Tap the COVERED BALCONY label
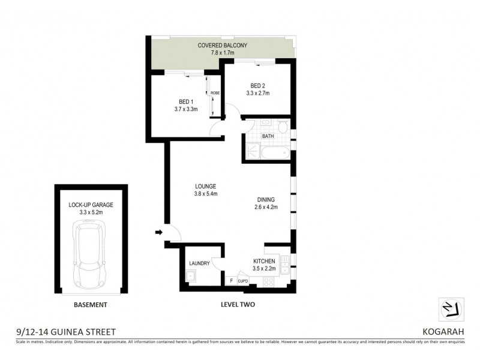tap(223, 46)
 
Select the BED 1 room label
tap(185, 101)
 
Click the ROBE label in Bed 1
tap(214, 93)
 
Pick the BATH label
tap(268, 136)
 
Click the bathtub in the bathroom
tap(275, 154)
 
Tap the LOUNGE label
tap(205, 186)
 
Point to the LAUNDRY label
tap(199, 263)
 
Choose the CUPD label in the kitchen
tap(243, 280)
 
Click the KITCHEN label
tap(264, 262)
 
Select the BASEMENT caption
tap(90, 305)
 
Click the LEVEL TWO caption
tap(238, 305)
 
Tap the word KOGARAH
tap(442, 331)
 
